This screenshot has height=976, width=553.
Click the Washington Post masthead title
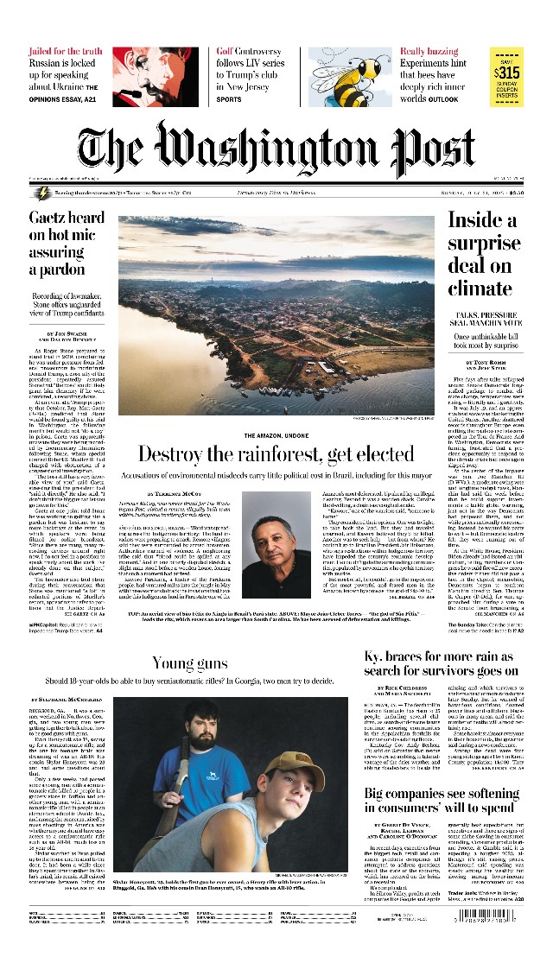tap(276, 145)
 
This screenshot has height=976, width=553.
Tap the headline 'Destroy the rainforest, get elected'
tap(264, 453)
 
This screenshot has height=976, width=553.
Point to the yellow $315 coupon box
tap(506, 75)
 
